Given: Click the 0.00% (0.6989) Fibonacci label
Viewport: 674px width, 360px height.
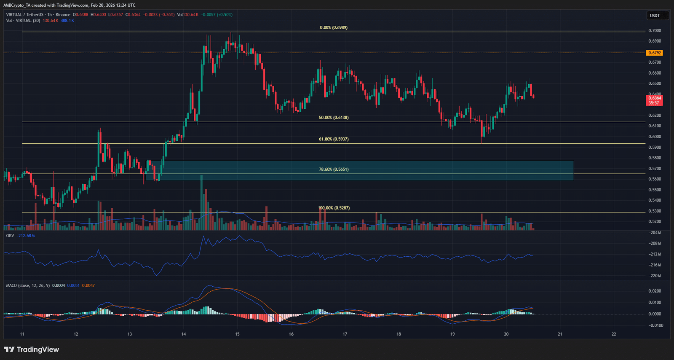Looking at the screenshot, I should click(x=334, y=27).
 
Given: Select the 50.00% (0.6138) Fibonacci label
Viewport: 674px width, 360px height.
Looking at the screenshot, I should click(x=334, y=118).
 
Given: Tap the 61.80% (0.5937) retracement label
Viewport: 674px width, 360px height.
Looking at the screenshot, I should click(x=334, y=139).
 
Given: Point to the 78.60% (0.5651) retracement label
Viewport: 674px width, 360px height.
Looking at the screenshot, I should click(x=334, y=169).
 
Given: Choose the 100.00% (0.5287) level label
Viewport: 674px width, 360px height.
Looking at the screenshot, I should click(x=334, y=208).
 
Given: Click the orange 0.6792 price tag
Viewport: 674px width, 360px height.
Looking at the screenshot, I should click(x=654, y=53).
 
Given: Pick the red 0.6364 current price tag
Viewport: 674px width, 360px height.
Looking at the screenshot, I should click(x=654, y=98).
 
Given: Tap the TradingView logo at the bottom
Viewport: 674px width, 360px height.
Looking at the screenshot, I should click(x=32, y=349).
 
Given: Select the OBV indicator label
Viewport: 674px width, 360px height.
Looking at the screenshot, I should click(x=10, y=236).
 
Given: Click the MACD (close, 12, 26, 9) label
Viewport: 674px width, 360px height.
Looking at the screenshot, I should click(x=28, y=285).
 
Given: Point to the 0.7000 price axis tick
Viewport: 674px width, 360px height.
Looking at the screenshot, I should click(x=655, y=31).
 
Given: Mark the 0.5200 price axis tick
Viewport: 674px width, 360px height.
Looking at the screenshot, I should click(x=655, y=221).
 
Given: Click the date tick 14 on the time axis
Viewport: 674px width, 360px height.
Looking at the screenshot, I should click(x=184, y=334).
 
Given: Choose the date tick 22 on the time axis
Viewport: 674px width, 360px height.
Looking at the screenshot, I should click(x=614, y=334).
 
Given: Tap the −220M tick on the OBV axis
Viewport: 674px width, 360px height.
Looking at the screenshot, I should click(x=655, y=276).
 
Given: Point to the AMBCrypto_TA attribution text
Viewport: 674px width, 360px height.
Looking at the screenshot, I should click(x=17, y=5).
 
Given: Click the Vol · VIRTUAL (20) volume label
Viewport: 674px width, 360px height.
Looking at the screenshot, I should click(x=23, y=21).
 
